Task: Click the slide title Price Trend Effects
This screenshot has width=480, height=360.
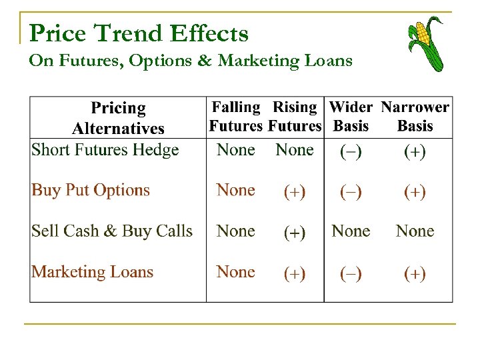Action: pyautogui.click(x=139, y=33)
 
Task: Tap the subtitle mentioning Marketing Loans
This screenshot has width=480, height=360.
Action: pyautogui.click(x=191, y=61)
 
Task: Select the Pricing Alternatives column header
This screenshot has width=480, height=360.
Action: pyautogui.click(x=118, y=118)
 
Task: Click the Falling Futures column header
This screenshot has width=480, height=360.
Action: pyautogui.click(x=236, y=117)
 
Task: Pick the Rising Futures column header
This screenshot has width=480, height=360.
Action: pyautogui.click(x=295, y=117)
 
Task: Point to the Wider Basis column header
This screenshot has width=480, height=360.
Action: pyautogui.click(x=351, y=117)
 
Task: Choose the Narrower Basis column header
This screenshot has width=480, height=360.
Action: pyautogui.click(x=415, y=117)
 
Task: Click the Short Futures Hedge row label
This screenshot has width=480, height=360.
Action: pyautogui.click(x=105, y=150)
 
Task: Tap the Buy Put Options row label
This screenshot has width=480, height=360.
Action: pyautogui.click(x=91, y=191)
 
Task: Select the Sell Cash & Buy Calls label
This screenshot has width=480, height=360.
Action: pyautogui.click(x=112, y=231)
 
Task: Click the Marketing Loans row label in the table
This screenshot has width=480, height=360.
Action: pyautogui.click(x=93, y=272)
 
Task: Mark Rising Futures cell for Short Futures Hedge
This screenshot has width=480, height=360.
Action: pyautogui.click(x=295, y=150)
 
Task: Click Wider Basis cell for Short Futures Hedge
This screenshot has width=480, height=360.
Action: pyautogui.click(x=351, y=151)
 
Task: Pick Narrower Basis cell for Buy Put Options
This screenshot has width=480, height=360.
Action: pyautogui.click(x=415, y=192)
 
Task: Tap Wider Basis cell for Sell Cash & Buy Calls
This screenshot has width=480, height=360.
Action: pyautogui.click(x=351, y=231)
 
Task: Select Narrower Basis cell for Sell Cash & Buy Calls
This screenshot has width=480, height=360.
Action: pyautogui.click(x=415, y=231)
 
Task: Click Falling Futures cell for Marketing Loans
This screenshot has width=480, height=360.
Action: pyautogui.click(x=236, y=272)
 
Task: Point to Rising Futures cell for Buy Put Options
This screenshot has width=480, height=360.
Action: pyautogui.click(x=295, y=192)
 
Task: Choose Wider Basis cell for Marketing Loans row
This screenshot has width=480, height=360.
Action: pyautogui.click(x=351, y=273)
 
